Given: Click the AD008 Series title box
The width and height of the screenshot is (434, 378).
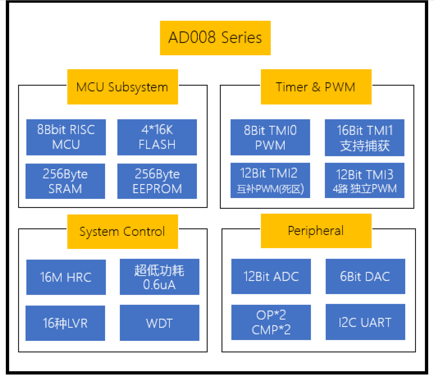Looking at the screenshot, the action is pyautogui.click(x=215, y=38).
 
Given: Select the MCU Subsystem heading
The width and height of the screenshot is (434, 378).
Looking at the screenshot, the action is pyautogui.click(x=123, y=87).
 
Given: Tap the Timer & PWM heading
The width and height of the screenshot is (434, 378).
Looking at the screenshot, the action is pyautogui.click(x=316, y=87).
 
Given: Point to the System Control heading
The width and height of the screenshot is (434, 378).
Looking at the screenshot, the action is pyautogui.click(x=123, y=232).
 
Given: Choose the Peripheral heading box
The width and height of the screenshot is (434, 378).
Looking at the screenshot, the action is pyautogui.click(x=316, y=231).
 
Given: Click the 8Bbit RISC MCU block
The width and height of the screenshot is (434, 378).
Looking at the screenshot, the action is pyautogui.click(x=66, y=137).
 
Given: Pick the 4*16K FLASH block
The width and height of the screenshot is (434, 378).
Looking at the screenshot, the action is pyautogui.click(x=157, y=137).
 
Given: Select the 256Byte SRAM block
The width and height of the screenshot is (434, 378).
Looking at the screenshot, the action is pyautogui.click(x=65, y=181).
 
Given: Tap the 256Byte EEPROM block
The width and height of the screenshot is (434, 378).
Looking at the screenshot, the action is pyautogui.click(x=157, y=181).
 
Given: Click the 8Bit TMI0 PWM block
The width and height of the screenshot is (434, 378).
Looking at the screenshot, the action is pyautogui.click(x=270, y=137).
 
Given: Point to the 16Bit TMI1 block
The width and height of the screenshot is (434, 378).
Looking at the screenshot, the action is pyautogui.click(x=364, y=138).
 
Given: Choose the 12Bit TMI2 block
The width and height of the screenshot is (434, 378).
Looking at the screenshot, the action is pyautogui.click(x=270, y=180).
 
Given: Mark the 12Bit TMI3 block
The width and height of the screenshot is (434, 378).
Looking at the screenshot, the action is pyautogui.click(x=364, y=180).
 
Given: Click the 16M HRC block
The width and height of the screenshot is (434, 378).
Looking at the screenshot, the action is pyautogui.click(x=66, y=277).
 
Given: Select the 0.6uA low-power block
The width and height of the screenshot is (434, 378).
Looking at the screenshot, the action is pyautogui.click(x=160, y=277).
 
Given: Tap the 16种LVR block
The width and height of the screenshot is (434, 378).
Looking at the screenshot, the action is pyautogui.click(x=65, y=323).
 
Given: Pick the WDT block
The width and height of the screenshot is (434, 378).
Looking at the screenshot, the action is pyautogui.click(x=160, y=323).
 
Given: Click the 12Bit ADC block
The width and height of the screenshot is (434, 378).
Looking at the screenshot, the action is pyautogui.click(x=271, y=276).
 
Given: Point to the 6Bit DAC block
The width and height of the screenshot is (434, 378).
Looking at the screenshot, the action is pyautogui.click(x=365, y=276).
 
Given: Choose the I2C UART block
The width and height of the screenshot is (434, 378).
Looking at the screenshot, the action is pyautogui.click(x=365, y=322).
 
